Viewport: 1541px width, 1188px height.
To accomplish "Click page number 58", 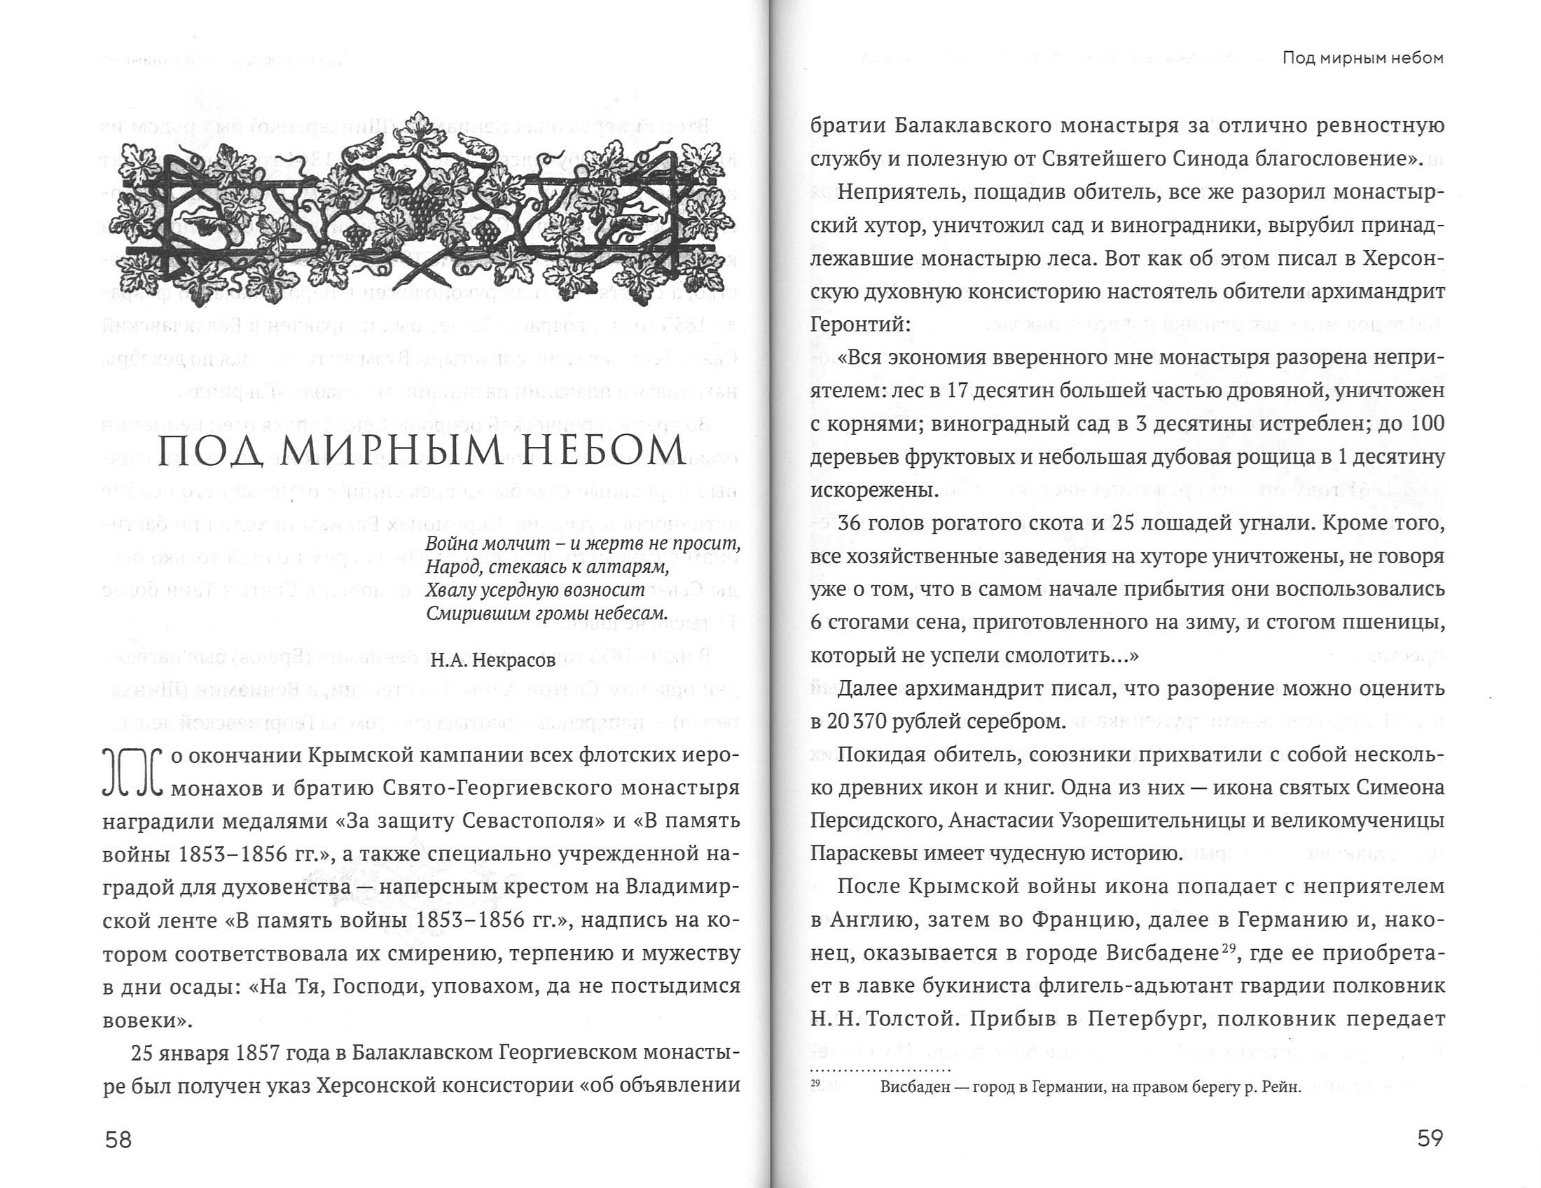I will [118, 1139].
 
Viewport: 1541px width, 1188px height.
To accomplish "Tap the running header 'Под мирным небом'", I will [1362, 58].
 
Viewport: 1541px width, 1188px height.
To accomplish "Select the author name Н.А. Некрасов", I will [493, 661].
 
